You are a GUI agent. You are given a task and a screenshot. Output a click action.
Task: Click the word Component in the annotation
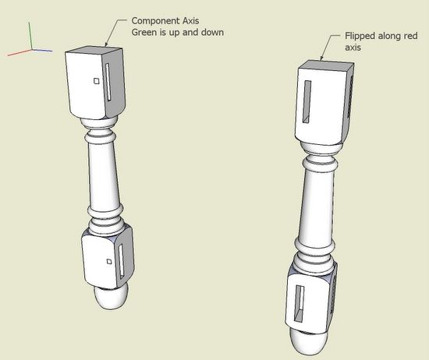pos(156,21)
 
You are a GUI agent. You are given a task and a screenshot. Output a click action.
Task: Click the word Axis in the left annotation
pos(191,20)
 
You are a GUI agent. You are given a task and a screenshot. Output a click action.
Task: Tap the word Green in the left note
pos(144,32)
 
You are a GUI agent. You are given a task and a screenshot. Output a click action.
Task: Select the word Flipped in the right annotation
pos(360,36)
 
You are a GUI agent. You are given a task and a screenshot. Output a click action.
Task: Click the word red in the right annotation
pos(410,36)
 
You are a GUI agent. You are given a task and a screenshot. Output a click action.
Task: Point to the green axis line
pos(30,36)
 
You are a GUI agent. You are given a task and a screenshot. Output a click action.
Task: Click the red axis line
pos(19,52)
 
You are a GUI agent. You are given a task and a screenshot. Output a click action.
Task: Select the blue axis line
pos(42,51)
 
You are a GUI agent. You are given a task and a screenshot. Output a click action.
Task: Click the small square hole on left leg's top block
pos(96,81)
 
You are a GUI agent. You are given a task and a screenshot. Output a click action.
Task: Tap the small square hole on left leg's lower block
pos(109,262)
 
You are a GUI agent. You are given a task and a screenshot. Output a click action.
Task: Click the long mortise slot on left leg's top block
pos(108,83)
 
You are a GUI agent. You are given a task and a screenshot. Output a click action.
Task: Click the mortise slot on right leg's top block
pos(307,101)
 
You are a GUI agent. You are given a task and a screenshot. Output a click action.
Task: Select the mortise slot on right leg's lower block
pos(299,303)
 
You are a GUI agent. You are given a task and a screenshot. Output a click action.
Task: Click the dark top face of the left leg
pos(94,51)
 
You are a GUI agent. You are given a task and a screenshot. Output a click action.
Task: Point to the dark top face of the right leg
pos(325,65)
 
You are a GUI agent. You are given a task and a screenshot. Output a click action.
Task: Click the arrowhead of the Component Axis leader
pos(106,44)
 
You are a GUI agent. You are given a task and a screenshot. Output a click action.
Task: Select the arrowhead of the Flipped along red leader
pos(321,58)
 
